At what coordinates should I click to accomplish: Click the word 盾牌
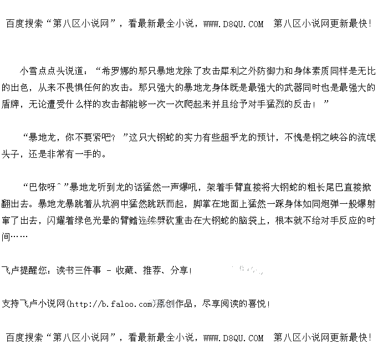tap(11, 104)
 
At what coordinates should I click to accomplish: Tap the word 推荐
tap(151, 271)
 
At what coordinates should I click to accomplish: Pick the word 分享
tap(178, 271)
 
